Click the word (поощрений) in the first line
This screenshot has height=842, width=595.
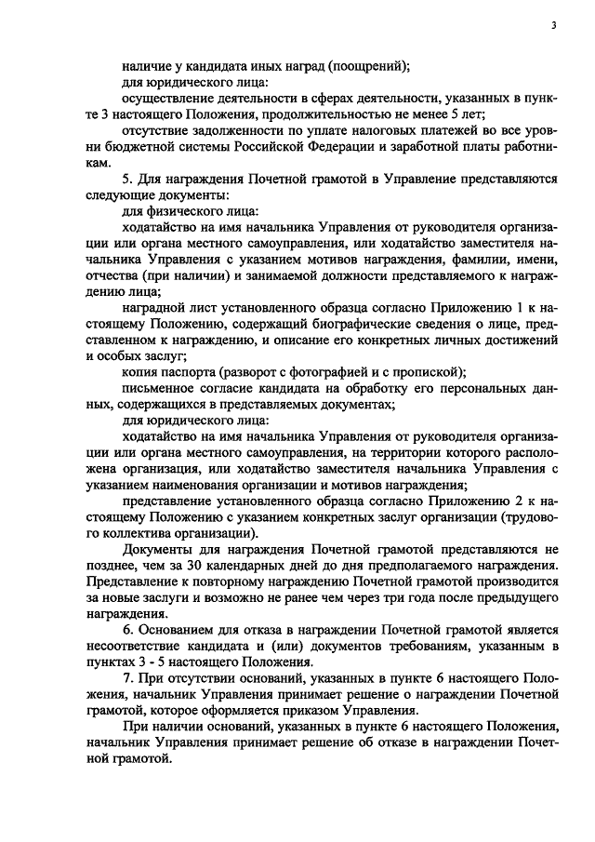coord(363,65)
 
